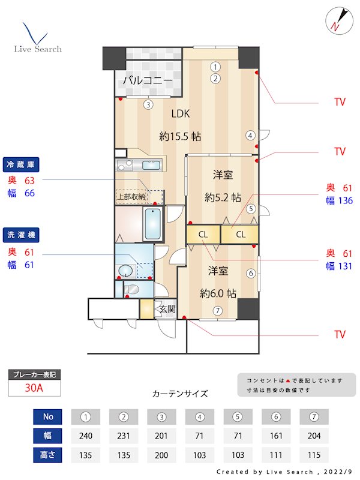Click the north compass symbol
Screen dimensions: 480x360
tap(336, 20)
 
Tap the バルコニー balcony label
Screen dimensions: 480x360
tap(148, 80)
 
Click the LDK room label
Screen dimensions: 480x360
tap(181, 113)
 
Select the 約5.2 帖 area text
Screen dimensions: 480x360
tap(223, 197)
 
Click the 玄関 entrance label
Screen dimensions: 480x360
tap(166, 309)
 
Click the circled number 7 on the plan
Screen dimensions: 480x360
tap(217, 311)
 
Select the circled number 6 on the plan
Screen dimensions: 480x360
tap(251, 273)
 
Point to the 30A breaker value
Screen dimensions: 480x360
tap(34, 388)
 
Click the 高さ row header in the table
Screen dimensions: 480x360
tap(47, 455)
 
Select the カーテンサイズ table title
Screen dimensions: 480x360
tap(180, 394)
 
